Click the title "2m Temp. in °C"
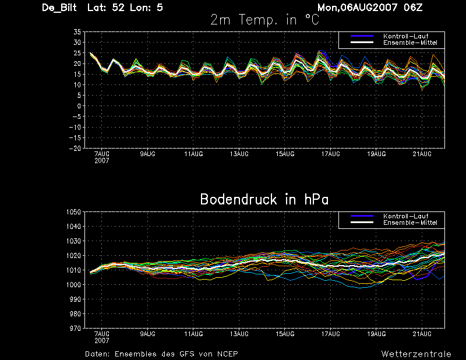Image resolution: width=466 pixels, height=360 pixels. point(264,20)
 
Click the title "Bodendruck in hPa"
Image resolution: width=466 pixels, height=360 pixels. point(264,199)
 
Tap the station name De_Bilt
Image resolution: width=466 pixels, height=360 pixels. point(59,8)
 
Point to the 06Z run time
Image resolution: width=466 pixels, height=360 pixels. point(413,8)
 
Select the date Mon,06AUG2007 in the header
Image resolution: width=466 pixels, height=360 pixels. point(357,8)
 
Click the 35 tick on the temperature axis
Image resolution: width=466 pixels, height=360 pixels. point(77,32)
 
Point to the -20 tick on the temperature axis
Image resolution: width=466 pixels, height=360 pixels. point(75,149)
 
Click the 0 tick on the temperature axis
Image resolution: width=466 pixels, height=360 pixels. point(79,106)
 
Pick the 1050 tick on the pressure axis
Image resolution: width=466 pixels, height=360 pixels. point(73,212)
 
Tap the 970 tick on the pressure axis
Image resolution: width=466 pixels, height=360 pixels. point(75,329)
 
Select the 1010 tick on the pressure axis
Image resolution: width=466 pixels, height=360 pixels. point(73,270)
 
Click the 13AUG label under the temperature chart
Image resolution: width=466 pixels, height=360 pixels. point(239,154)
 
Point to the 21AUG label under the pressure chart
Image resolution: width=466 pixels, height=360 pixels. point(422,334)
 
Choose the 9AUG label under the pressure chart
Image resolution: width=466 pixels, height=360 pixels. point(148,334)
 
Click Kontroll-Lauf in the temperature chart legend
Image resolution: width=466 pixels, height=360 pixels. point(405,36)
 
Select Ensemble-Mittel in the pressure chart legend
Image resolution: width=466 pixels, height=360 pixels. point(410,223)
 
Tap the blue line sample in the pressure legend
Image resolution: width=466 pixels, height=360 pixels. point(362,216)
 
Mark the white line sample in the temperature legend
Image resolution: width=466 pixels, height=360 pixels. point(362,43)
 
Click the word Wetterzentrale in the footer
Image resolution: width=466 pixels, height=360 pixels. point(416,354)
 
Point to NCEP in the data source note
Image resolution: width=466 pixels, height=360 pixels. point(227,354)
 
